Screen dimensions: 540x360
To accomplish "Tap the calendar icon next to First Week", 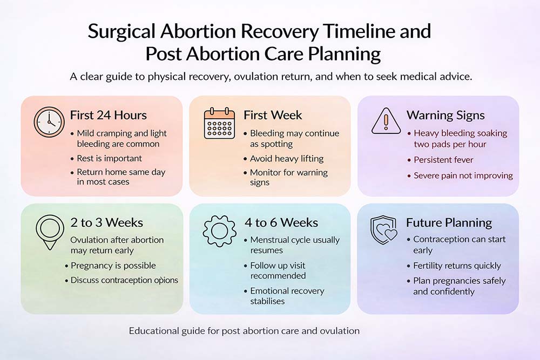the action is tap(219, 123).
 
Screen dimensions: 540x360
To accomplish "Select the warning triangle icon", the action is tap(386, 120).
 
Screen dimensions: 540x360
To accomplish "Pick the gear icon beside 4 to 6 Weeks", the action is tap(219, 231).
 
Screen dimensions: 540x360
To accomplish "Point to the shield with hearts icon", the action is tap(384, 230).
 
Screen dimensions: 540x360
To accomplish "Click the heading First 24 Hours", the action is tap(109, 115).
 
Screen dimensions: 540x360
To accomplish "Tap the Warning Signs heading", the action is tap(446, 116).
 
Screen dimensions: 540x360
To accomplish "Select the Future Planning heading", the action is tap(449, 223).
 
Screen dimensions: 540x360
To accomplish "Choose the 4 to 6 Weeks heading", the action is tap(281, 223).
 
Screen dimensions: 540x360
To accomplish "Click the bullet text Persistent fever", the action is tap(443, 160).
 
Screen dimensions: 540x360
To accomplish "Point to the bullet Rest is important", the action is tap(109, 158).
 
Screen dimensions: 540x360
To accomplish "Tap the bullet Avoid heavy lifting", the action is tap(287, 159).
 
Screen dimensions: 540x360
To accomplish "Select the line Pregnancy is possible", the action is tap(113, 266).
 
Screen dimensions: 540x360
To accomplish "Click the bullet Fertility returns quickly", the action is tap(457, 266).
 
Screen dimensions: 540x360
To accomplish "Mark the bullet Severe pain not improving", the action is tap(463, 175).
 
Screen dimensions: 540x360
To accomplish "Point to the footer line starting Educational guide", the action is tap(244, 331).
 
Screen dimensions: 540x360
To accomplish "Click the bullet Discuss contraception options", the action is tap(124, 280).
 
